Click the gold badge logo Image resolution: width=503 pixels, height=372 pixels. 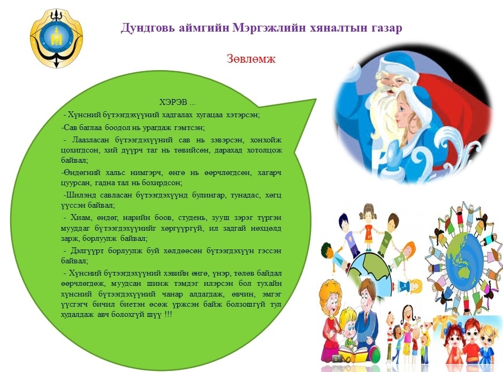pyautogui.click(x=57, y=39)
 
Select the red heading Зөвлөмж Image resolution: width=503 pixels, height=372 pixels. pyautogui.click(x=251, y=59)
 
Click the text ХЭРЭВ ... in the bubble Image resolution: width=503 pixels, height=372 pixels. pyautogui.click(x=178, y=102)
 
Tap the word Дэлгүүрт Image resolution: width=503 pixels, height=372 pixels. pyautogui.click(x=87, y=250)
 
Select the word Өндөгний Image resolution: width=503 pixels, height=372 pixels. pyautogui.click(x=81, y=173)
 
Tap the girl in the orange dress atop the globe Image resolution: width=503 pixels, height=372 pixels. pyautogui.click(x=369, y=226)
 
